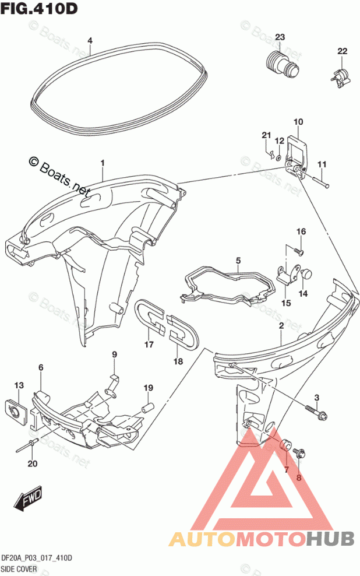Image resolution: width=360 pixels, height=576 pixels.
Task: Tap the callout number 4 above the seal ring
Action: pos(90,41)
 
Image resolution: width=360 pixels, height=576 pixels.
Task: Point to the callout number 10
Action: pos(298,122)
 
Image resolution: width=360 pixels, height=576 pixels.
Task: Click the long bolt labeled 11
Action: pos(320,182)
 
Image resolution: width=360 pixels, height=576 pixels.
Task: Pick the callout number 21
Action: pos(266,136)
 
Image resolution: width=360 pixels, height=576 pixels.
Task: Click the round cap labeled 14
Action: pos(305,273)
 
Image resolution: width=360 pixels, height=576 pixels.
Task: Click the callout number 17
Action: pos(149,345)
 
